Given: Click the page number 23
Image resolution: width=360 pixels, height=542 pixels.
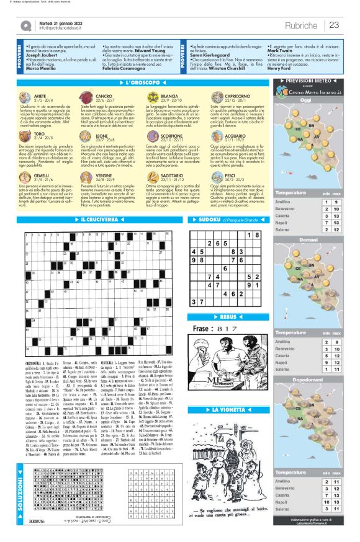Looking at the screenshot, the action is click(334, 25).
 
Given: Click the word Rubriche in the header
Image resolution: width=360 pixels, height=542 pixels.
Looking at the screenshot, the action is click(303, 25).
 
